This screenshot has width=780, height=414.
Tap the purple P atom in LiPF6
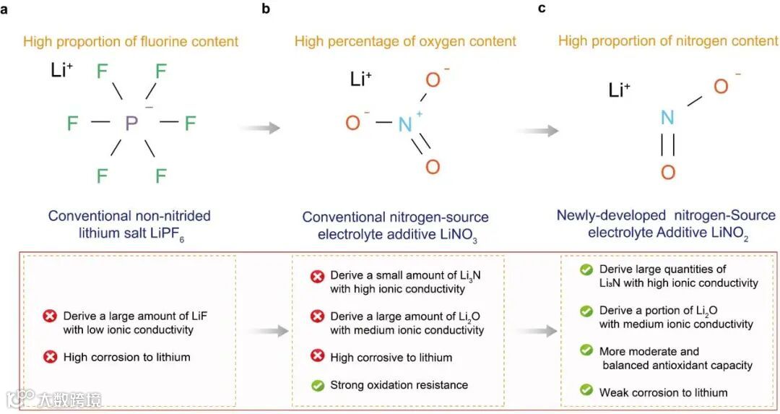pyautogui.click(x=131, y=124)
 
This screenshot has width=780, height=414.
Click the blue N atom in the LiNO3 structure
pyautogui.click(x=406, y=124)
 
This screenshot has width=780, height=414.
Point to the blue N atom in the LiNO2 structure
pyautogui.click(x=667, y=118)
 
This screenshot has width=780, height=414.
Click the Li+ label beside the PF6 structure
pyautogui.click(x=62, y=71)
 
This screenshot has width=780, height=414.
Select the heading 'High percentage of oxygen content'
pyautogui.click(x=405, y=41)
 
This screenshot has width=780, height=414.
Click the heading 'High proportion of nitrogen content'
pyautogui.click(x=668, y=41)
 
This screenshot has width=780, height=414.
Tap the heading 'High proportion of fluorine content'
pyautogui.click(x=131, y=41)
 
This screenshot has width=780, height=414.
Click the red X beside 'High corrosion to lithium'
pyautogui.click(x=50, y=357)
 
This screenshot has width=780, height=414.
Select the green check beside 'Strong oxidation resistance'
pyautogui.click(x=317, y=385)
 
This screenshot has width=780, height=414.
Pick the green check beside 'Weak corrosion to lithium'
pyautogui.click(x=586, y=392)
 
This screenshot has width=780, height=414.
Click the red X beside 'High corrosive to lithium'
pyautogui.click(x=317, y=357)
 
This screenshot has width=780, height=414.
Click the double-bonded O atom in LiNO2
pyautogui.click(x=668, y=172)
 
